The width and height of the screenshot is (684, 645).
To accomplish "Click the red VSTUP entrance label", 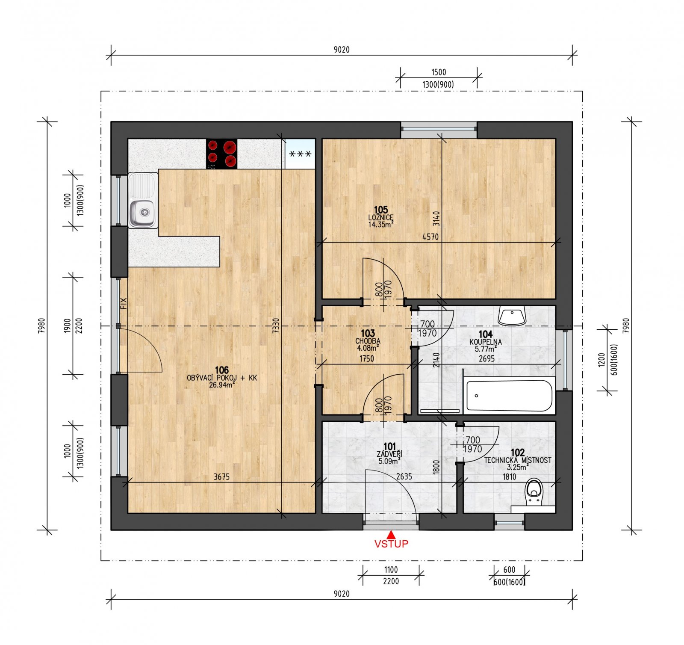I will pyautogui.click(x=391, y=544).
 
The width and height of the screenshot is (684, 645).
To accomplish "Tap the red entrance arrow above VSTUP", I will pyautogui.click(x=391, y=534).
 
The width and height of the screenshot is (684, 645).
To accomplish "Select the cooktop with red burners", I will pyautogui.click(x=221, y=154).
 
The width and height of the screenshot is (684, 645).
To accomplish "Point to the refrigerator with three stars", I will pyautogui.click(x=300, y=154).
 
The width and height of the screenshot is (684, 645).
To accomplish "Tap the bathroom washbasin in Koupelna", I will pyautogui.click(x=512, y=316).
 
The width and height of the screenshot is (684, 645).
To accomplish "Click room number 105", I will pyautogui.click(x=380, y=210).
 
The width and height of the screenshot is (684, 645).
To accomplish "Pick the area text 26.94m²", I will pyautogui.click(x=221, y=385).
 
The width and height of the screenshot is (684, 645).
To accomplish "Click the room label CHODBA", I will pyautogui.click(x=368, y=341).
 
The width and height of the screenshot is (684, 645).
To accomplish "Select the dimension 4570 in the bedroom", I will pyautogui.click(x=430, y=237).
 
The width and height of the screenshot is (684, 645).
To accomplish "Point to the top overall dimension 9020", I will pyautogui.click(x=341, y=50).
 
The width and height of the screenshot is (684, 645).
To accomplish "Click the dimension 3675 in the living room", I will pyautogui.click(x=221, y=477).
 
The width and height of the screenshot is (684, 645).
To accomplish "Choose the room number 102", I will pyautogui.click(x=517, y=453).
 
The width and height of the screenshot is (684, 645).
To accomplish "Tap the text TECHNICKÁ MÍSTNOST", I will pyautogui.click(x=517, y=461).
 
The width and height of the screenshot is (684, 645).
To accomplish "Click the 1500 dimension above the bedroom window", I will pyautogui.click(x=439, y=72).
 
